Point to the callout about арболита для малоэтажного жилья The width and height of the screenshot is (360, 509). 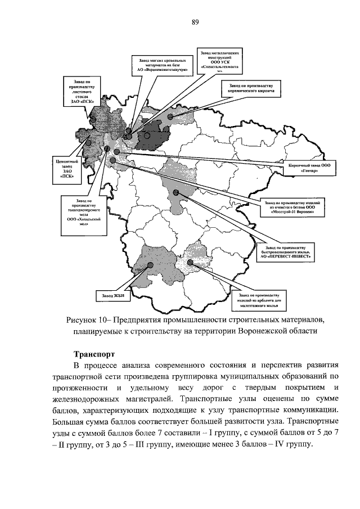coord(259,300)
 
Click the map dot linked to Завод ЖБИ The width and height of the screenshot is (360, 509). coord(150,265)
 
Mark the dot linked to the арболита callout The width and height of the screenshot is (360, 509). coord(190,262)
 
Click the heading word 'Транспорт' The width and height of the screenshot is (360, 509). coord(94,355)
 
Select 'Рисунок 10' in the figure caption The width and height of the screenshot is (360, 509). coord(88,319)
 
